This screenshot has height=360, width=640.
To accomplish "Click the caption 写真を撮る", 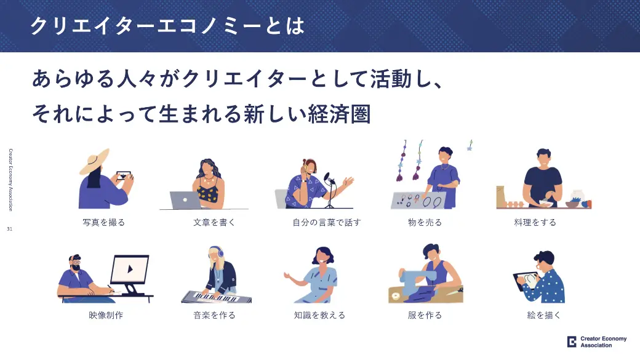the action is [103, 222].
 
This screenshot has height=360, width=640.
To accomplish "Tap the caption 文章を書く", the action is [214, 222].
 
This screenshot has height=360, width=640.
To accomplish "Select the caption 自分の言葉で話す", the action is [327, 222].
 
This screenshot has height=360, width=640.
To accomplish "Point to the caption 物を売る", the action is [425, 222].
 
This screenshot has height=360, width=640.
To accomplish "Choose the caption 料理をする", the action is [535, 222].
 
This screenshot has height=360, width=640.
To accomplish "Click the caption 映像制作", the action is [106, 315].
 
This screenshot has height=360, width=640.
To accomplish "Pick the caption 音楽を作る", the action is [214, 315].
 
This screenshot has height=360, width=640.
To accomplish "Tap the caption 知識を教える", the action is [319, 315].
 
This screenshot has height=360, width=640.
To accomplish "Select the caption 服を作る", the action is [425, 315].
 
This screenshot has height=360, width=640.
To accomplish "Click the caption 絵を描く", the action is [543, 315].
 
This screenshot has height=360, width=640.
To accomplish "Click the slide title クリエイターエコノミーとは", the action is [167, 26].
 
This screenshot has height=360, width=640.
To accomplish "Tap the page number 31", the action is [9, 229].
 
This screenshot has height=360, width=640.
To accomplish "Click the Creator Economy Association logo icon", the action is [572, 342].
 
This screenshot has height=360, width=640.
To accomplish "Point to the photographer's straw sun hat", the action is [95, 161].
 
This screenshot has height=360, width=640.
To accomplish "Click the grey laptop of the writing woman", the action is [185, 200].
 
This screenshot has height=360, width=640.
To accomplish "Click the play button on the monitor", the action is [130, 269].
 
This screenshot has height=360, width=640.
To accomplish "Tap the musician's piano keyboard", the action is [217, 297].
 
